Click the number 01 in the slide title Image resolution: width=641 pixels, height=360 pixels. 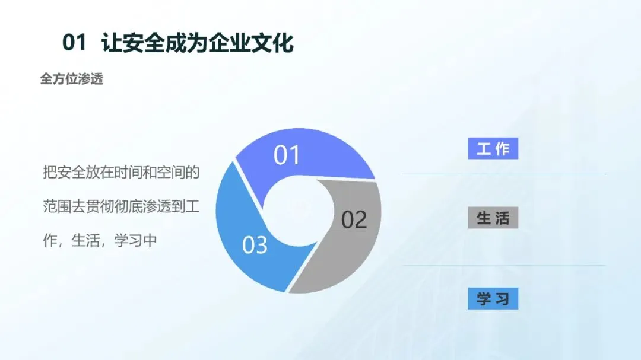[x=74, y=42]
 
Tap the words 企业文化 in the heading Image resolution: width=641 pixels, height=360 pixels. [x=251, y=42]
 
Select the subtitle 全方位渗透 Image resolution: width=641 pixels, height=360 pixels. [x=72, y=78]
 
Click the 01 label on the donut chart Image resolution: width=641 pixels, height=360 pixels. [x=287, y=155]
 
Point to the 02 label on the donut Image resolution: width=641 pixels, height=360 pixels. [x=354, y=220]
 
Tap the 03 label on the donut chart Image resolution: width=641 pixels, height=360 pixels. [x=255, y=245]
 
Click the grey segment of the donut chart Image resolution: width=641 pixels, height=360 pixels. [x=351, y=245]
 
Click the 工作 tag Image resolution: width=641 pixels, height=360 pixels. [x=493, y=148]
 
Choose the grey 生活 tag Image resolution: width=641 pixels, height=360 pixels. [x=493, y=218]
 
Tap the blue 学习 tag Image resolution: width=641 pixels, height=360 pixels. [x=493, y=299]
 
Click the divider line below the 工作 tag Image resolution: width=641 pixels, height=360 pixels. [x=504, y=174]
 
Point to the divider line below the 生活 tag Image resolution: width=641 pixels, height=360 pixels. [x=504, y=266]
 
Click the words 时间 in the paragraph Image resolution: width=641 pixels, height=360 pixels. [x=128, y=172]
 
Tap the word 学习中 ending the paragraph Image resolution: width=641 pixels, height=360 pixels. [x=136, y=241]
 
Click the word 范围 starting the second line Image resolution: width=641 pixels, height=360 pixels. [x=57, y=206]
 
